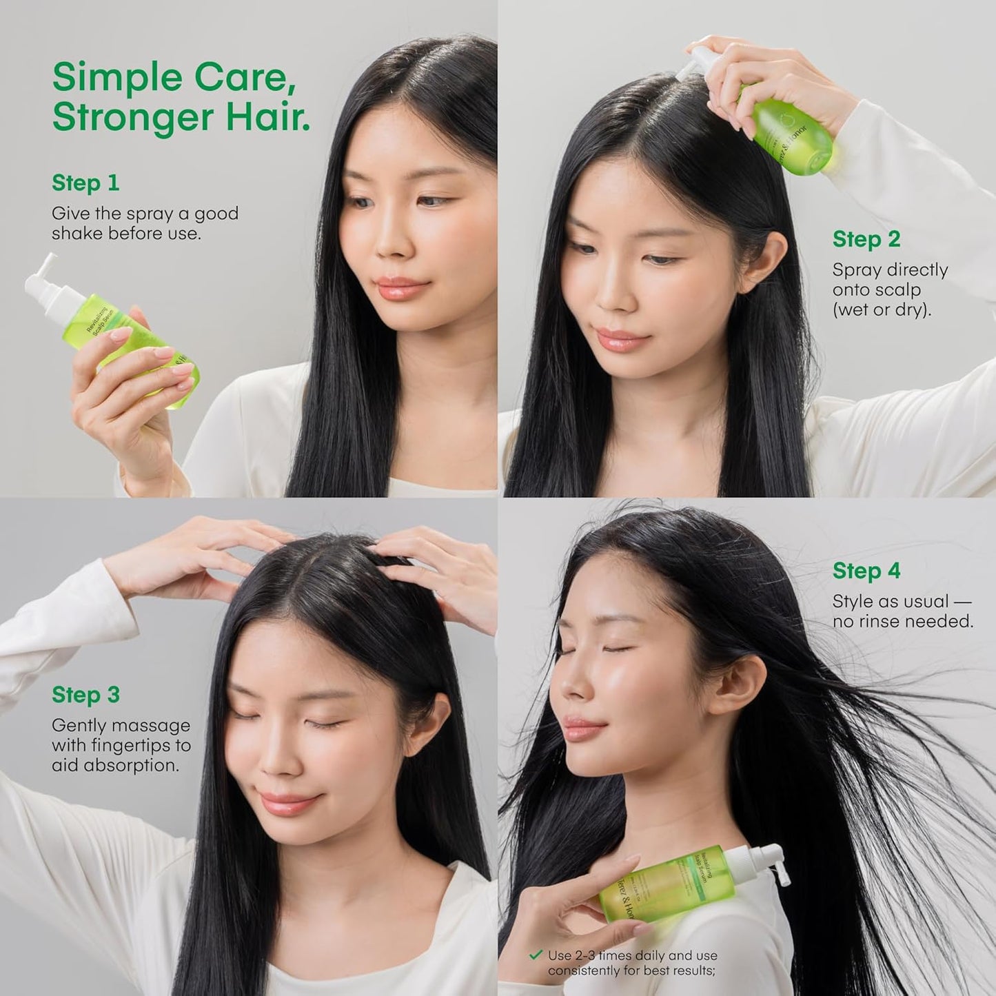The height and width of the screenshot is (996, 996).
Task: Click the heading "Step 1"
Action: point(85,183)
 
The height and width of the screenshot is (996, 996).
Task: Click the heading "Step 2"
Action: point(866,239)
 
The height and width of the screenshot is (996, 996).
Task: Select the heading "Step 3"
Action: point(85,695)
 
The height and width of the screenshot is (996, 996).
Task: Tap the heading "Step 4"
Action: point(866,571)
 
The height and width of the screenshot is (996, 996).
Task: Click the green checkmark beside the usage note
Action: point(536,955)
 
